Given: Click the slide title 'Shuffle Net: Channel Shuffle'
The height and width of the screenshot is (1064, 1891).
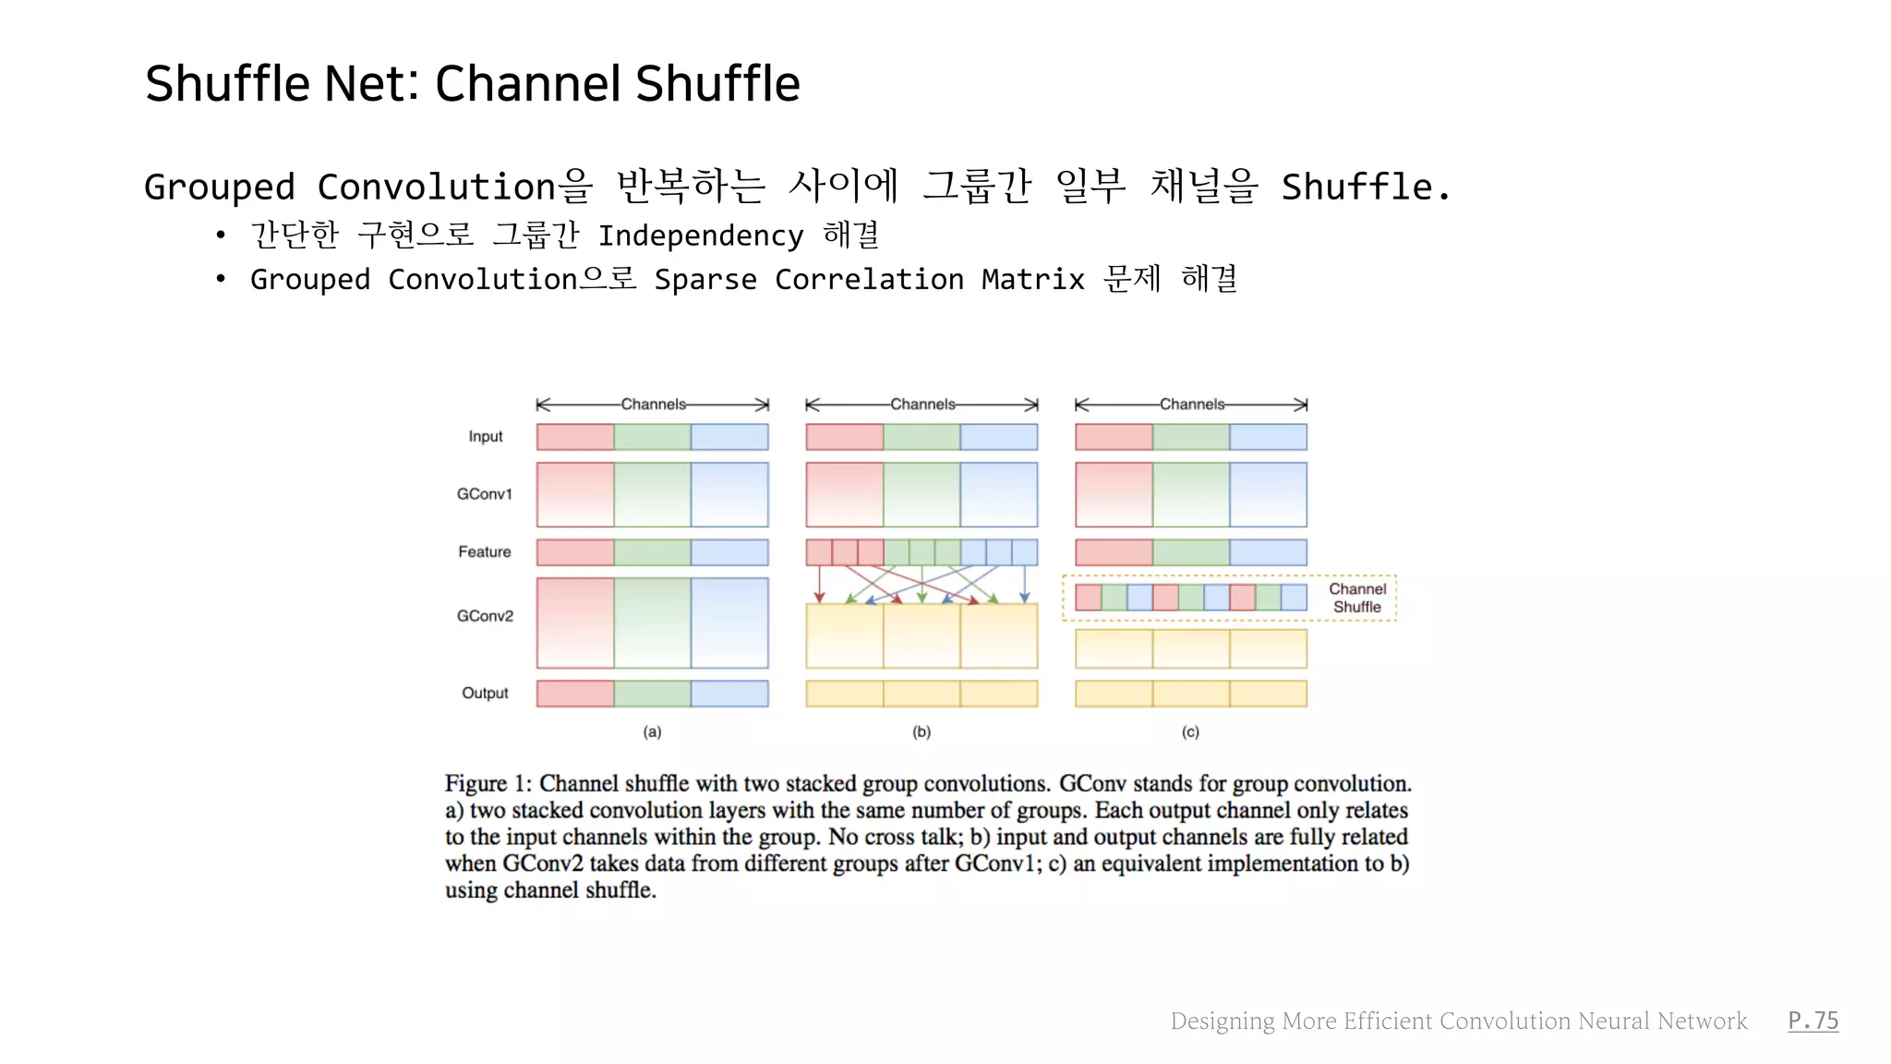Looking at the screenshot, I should click(472, 84).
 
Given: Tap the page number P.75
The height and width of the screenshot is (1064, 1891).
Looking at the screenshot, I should click(1813, 1021).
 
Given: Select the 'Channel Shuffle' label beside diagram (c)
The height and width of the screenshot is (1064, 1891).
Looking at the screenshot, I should click(1356, 598).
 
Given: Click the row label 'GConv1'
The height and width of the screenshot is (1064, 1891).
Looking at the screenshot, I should click(484, 494).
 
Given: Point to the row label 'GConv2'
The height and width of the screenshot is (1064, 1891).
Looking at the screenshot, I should click(484, 616).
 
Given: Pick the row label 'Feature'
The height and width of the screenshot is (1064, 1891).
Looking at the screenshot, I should click(484, 552).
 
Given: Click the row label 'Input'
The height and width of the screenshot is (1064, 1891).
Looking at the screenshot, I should click(485, 437).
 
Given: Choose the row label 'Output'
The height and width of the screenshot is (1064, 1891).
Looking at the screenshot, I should click(485, 693).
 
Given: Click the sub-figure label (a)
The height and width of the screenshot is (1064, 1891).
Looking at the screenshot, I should click(652, 731).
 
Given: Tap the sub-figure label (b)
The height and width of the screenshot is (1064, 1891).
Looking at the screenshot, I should click(921, 731).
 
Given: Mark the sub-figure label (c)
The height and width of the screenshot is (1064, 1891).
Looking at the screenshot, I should click(1190, 731).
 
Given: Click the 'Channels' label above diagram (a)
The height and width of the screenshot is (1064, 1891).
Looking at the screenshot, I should click(653, 405).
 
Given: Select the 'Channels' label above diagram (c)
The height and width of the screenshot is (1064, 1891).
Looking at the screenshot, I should click(1191, 405).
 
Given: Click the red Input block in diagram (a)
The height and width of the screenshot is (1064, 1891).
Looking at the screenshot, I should click(575, 437).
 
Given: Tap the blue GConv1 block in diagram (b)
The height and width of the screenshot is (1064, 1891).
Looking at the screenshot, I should click(998, 494).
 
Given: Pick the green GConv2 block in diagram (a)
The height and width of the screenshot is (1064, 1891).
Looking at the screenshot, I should click(652, 623).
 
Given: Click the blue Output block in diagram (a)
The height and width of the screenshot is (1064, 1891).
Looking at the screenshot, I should click(729, 694).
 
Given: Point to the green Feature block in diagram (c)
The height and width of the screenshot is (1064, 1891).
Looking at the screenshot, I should click(1190, 552).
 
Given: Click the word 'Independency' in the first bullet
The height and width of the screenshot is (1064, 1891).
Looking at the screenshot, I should click(700, 236).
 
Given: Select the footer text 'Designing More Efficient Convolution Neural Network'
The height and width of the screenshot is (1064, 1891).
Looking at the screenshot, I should click(1458, 1021).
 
